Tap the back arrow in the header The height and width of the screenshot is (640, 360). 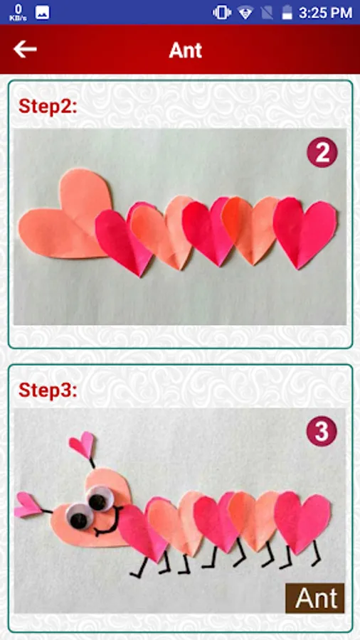(x=25, y=49)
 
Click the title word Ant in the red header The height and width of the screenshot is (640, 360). (x=185, y=50)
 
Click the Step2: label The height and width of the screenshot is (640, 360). (x=48, y=107)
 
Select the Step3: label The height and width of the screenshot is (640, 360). (x=48, y=390)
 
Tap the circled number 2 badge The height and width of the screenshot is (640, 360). (x=322, y=152)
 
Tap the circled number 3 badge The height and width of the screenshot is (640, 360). (x=322, y=432)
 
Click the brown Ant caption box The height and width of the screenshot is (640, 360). (x=314, y=598)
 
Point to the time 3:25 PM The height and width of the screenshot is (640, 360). (x=325, y=13)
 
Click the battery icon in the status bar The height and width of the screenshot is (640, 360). (x=287, y=12)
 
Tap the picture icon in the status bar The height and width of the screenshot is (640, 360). (x=43, y=13)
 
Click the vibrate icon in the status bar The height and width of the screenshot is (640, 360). (x=222, y=13)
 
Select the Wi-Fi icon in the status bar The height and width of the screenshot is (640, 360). (x=245, y=13)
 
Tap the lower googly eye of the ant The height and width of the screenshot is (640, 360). (x=79, y=518)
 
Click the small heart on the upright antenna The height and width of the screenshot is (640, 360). (x=82, y=444)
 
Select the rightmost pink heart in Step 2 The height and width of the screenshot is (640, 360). (x=305, y=231)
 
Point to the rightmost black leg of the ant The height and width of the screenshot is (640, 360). (x=317, y=554)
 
